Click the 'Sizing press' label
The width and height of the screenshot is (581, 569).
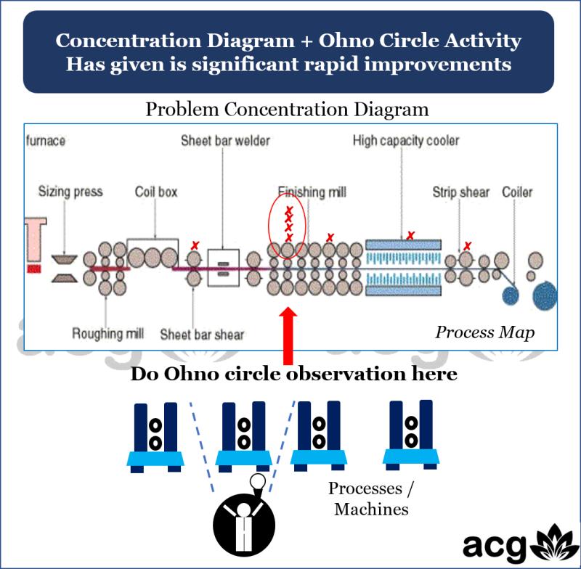(70, 192)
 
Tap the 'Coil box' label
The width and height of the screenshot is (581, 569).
(156, 192)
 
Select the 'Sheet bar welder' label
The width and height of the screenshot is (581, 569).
(225, 140)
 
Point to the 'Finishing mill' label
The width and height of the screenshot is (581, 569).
(312, 192)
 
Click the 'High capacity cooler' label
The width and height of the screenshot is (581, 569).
(405, 140)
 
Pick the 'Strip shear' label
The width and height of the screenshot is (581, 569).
(461, 192)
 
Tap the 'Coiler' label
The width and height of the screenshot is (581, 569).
(518, 192)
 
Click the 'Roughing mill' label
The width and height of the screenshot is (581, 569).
(107, 334)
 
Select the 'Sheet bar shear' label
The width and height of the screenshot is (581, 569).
(202, 335)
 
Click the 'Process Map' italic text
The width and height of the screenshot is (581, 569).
(484, 332)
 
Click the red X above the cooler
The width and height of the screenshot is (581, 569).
(410, 235)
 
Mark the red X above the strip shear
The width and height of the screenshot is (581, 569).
(468, 245)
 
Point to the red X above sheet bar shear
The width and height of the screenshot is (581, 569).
(194, 246)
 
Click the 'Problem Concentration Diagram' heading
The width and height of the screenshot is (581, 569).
(287, 110)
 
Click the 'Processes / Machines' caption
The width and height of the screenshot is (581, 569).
(371, 498)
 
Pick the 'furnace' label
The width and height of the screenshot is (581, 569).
(45, 140)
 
